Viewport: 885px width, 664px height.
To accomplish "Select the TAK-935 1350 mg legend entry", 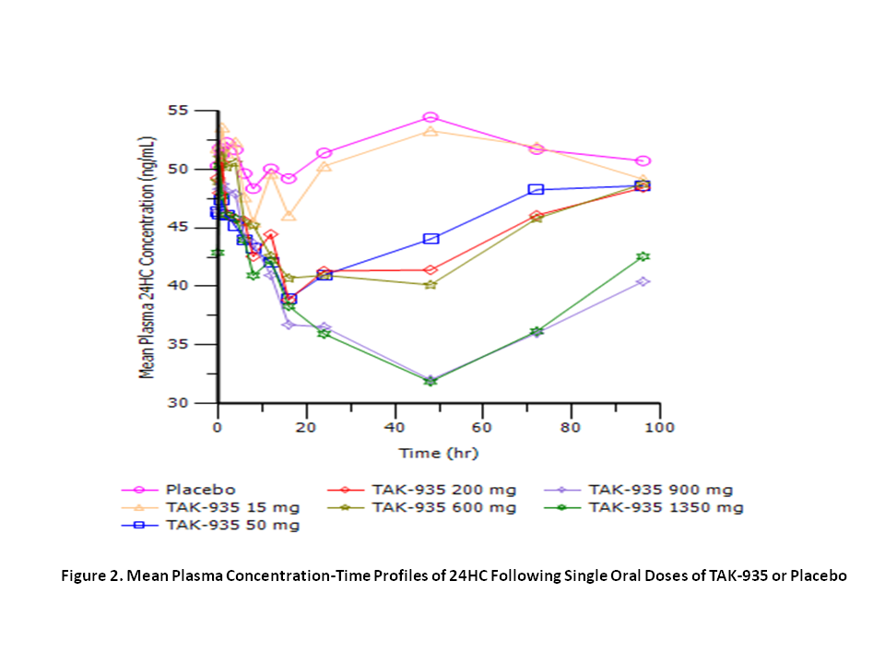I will pyautogui.click(x=666, y=507).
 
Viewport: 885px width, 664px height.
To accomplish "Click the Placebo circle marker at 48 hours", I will pyautogui.click(x=430, y=117).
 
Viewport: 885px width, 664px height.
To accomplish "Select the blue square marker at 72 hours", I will pyautogui.click(x=536, y=189).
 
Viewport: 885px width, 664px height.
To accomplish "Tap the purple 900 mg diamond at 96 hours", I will pyautogui.click(x=643, y=281).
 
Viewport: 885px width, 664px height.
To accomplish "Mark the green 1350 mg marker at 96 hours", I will pyautogui.click(x=643, y=256).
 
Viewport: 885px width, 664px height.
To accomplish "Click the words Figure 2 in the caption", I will pyautogui.click(x=93, y=575).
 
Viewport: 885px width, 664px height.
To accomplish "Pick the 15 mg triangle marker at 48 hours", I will pyautogui.click(x=430, y=131).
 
